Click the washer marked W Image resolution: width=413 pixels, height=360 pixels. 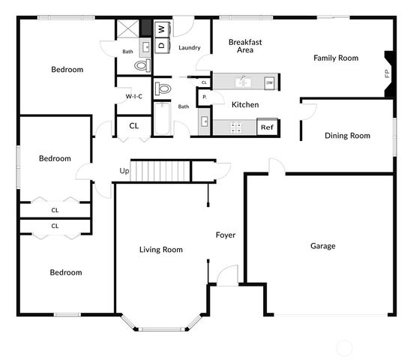click(x=162, y=29)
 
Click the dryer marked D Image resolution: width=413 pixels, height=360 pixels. click(x=162, y=45)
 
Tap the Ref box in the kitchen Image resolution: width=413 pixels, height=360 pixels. click(x=267, y=127)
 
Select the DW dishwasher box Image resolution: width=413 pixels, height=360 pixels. click(x=269, y=82)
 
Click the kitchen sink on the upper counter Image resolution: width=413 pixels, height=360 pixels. click(x=241, y=81)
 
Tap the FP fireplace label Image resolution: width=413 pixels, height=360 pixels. click(x=387, y=73)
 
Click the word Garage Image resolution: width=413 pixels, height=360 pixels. click(x=323, y=246)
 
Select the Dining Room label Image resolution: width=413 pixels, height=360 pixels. click(x=347, y=136)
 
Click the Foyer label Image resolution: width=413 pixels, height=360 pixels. click(x=226, y=235)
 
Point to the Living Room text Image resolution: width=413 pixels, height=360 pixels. click(x=161, y=250)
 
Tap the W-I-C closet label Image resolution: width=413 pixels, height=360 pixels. click(x=133, y=97)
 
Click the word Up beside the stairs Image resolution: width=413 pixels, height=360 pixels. click(x=124, y=171)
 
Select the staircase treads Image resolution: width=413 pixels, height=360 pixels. click(x=160, y=171)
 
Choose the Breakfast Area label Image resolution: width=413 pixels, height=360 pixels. click(x=245, y=46)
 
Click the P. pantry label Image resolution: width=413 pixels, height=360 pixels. click(x=204, y=97)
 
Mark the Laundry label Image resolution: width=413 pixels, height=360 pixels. click(x=190, y=48)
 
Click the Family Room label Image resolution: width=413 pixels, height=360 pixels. click(x=336, y=58)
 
